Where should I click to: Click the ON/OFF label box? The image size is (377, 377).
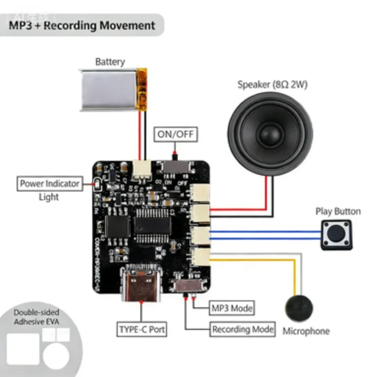[x=175, y=134]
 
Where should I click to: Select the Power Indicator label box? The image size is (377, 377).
[x=49, y=184]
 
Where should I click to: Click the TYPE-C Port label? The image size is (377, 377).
[x=141, y=329]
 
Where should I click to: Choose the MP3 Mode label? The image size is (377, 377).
[x=232, y=308]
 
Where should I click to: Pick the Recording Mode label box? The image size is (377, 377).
[x=242, y=329]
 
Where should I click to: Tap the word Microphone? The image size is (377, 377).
[x=306, y=331]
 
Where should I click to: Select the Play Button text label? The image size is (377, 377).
[x=338, y=212]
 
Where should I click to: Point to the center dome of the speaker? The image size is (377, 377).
[x=270, y=133]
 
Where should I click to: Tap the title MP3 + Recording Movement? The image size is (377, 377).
[x=82, y=25]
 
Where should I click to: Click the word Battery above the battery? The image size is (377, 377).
[x=110, y=62]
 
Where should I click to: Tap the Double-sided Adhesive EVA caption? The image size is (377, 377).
[x=36, y=317]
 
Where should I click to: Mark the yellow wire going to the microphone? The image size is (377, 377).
[x=294, y=275]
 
